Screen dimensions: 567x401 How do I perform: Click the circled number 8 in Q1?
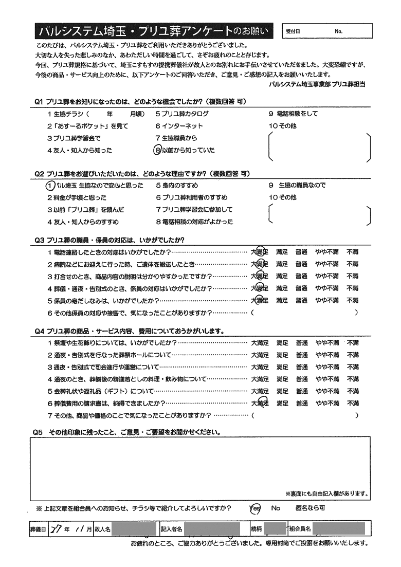tap(157, 150)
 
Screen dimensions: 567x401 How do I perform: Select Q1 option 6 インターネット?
tap(179, 126)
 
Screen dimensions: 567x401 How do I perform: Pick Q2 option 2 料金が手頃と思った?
tap(77, 197)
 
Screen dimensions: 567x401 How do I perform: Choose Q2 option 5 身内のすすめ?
tap(177, 185)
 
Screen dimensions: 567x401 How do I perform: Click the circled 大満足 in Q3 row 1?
tap(260, 252)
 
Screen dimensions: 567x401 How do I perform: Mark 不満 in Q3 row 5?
tap(353, 300)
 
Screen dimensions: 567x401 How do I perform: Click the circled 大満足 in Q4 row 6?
tap(260, 404)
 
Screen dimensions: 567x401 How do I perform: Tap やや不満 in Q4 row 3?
tap(327, 367)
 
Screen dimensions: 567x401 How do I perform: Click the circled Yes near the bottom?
tap(255, 508)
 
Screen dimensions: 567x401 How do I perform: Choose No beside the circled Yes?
tap(276, 508)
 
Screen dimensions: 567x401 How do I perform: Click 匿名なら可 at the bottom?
tap(310, 508)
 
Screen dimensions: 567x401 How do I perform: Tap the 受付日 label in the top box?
tap(293, 31)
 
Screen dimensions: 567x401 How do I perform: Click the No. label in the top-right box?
tap(338, 31)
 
